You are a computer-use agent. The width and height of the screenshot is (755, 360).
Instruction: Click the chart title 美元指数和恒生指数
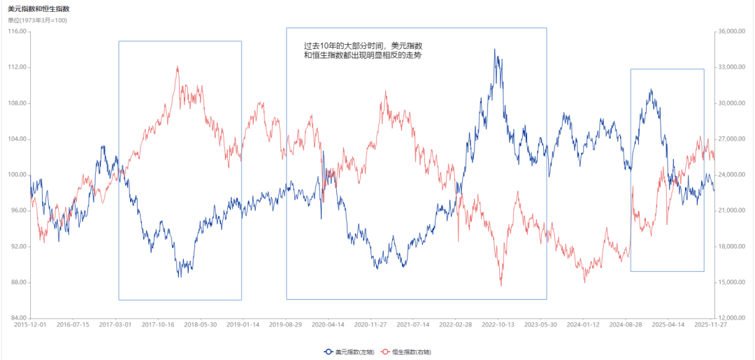(x=38, y=9)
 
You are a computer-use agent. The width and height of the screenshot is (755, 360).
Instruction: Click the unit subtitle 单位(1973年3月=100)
(x=37, y=20)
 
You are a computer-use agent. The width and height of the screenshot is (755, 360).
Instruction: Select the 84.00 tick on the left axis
(x=17, y=318)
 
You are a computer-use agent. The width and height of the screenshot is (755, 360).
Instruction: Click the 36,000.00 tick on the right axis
(x=733, y=31)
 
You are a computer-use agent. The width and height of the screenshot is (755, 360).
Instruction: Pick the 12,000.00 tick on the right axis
(x=733, y=318)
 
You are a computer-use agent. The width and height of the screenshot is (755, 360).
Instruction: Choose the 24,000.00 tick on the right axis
(x=733, y=175)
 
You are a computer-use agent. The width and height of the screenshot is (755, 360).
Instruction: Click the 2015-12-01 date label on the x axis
(x=31, y=325)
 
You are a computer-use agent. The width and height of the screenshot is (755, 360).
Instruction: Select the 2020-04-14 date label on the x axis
(x=328, y=325)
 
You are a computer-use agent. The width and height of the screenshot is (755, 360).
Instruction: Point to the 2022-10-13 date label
(x=498, y=325)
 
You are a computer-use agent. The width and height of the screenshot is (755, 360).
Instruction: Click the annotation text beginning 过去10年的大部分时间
(x=364, y=50)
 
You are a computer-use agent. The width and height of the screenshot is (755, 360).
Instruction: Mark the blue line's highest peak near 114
(x=495, y=50)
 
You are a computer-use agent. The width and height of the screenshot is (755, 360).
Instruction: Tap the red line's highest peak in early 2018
(x=178, y=67)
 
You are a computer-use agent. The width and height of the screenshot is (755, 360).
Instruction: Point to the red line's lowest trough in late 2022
(x=501, y=285)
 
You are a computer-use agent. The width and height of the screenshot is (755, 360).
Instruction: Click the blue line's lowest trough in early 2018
(x=180, y=277)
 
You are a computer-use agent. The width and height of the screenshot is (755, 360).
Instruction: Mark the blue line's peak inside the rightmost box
(x=651, y=89)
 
